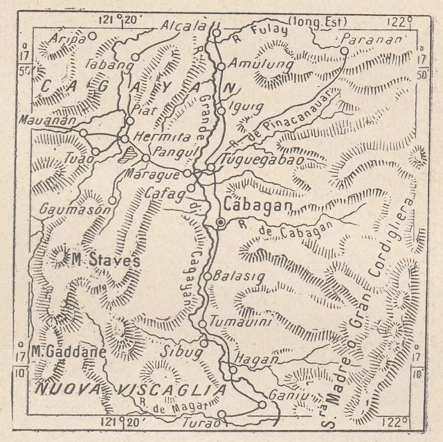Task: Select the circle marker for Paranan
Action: coord(344,50)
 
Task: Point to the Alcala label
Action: coord(183,26)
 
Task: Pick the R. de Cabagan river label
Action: coord(286,230)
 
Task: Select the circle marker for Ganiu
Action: coord(262,405)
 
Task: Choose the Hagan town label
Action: coord(256,359)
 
